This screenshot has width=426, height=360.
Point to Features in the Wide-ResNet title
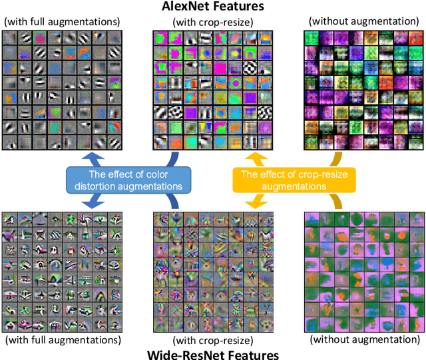point(249,353)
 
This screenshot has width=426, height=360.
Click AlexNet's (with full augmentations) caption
point(61,23)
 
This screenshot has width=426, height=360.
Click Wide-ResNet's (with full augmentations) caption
point(61,340)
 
